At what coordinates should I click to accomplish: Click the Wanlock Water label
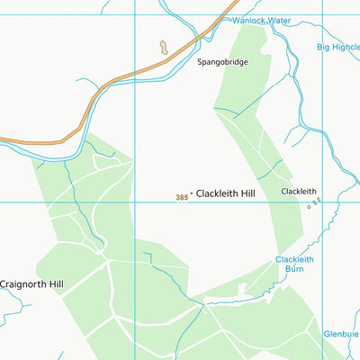click(x=261, y=20)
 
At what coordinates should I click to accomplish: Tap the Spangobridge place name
click(x=222, y=63)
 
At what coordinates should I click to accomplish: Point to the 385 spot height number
click(x=183, y=196)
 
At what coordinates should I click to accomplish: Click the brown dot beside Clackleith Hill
click(x=191, y=193)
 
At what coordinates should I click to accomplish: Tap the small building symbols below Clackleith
click(x=313, y=206)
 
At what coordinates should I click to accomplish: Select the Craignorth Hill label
click(x=32, y=284)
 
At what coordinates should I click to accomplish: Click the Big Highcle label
click(x=338, y=47)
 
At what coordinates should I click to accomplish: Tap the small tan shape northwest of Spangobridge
click(x=163, y=47)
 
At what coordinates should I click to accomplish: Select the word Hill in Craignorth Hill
click(x=55, y=284)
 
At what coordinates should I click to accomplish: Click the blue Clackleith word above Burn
click(x=294, y=259)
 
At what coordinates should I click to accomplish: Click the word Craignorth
click(x=22, y=284)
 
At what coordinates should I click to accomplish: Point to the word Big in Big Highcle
click(x=323, y=47)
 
